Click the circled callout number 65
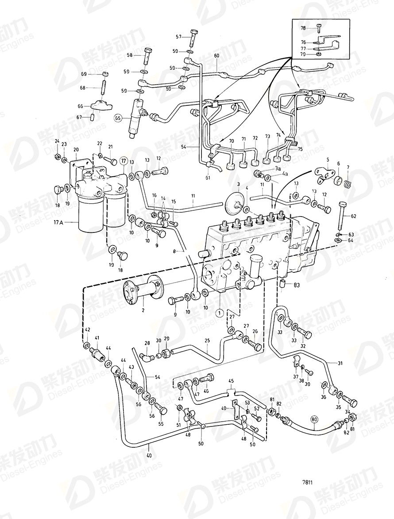pos(117,118)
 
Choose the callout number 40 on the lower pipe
pos(149,454)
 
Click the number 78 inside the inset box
pos(303,28)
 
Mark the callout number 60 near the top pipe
pos(216,56)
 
